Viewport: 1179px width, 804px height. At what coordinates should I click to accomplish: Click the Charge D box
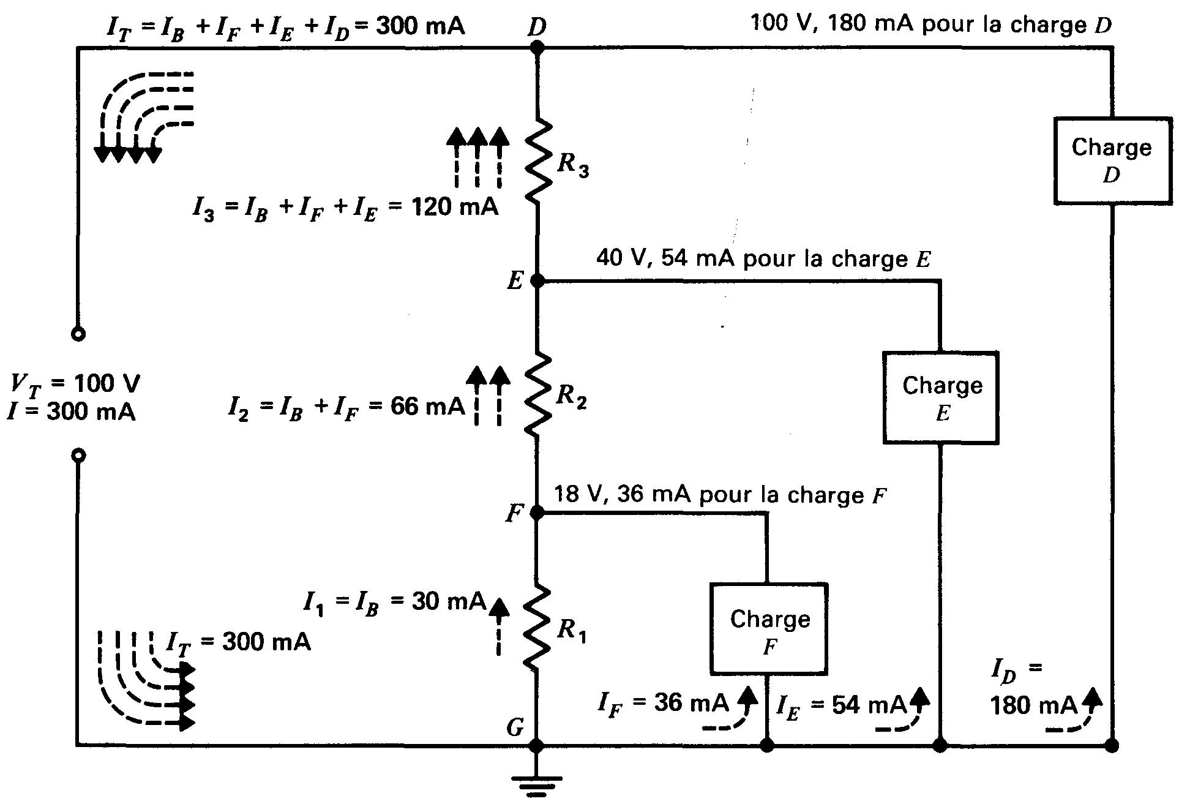pos(1111,161)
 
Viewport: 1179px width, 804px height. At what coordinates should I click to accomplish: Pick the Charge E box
pos(941,397)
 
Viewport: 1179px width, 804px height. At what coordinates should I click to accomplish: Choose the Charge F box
pos(769,629)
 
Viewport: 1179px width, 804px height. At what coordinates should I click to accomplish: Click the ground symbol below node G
pos(536,784)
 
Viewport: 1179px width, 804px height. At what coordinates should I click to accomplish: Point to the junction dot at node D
pos(537,47)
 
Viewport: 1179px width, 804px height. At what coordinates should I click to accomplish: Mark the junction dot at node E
pos(537,281)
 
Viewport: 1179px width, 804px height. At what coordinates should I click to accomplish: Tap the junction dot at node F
pos(536,513)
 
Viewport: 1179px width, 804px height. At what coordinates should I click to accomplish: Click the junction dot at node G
pos(536,745)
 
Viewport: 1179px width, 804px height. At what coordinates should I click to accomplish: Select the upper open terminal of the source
pos(78,334)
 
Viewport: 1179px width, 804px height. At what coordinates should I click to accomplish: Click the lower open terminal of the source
pos(78,456)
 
